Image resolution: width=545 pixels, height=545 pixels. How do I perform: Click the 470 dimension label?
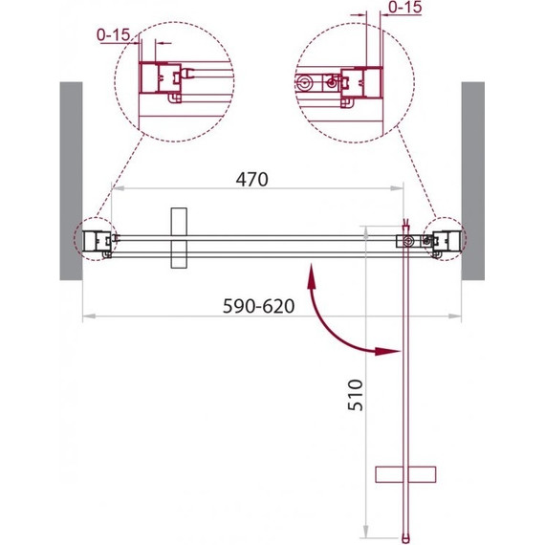point(252,180)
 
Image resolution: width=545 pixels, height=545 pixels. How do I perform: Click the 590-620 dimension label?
point(258,306)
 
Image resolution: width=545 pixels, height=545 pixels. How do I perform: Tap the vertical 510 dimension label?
point(356,395)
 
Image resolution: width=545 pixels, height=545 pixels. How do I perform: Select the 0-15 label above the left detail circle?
point(114,34)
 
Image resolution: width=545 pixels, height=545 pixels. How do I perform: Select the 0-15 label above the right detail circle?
point(405,7)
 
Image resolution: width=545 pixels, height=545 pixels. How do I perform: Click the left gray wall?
point(72,181)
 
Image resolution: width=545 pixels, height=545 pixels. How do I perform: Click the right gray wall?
point(472,181)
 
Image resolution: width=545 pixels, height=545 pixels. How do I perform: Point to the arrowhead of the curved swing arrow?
point(386,351)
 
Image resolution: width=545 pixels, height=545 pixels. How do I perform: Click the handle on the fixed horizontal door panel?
point(179,238)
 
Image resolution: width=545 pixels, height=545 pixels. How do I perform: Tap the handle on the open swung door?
point(405,474)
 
